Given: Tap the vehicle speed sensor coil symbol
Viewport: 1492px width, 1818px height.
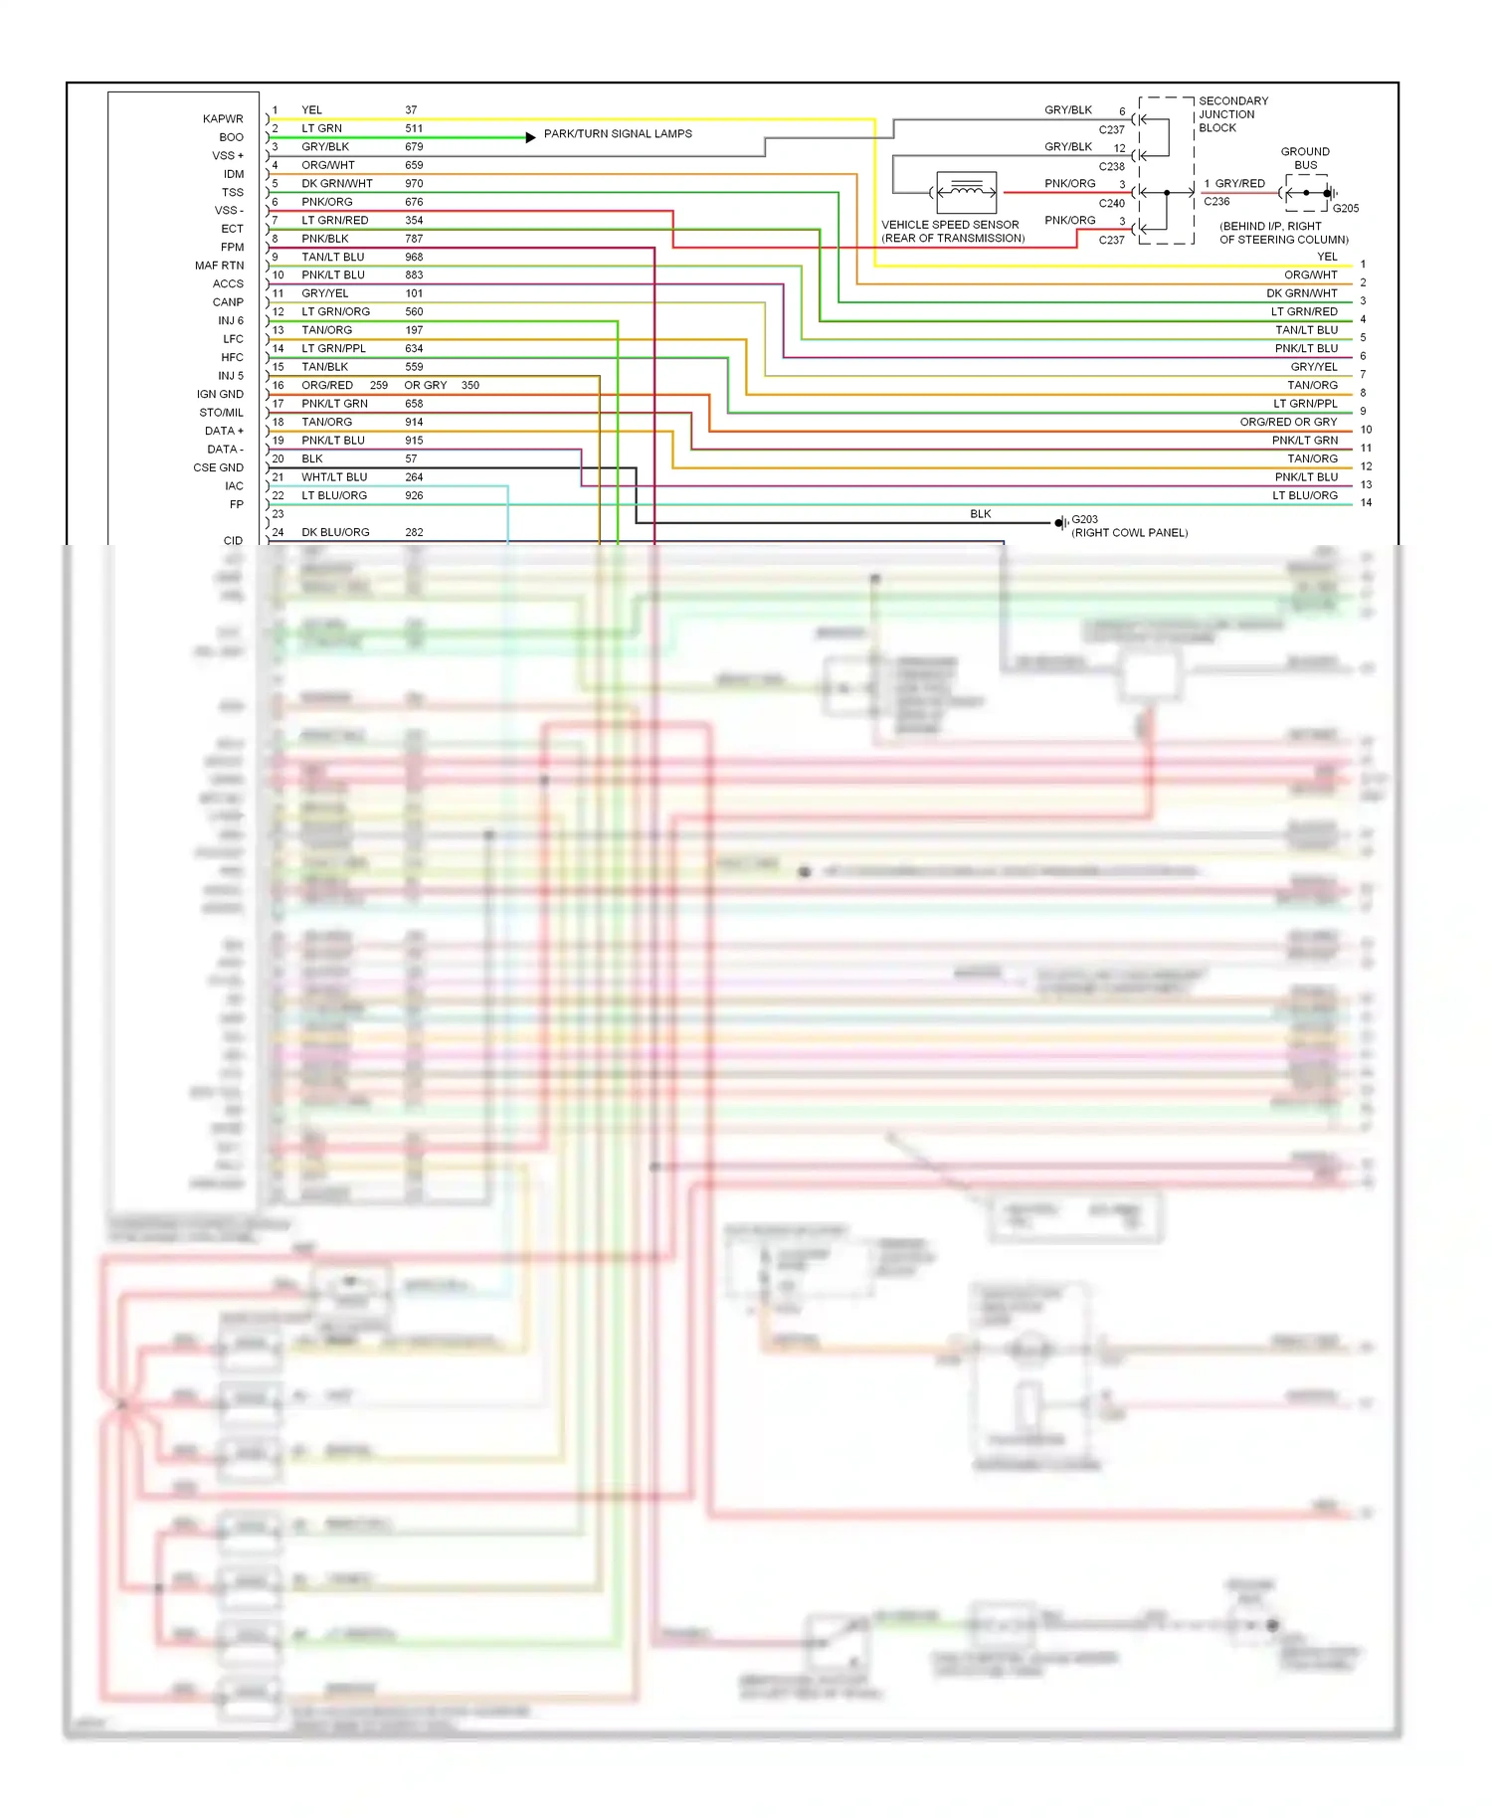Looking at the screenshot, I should tap(966, 191).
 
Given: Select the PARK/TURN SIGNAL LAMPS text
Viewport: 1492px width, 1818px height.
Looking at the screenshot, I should tap(618, 133).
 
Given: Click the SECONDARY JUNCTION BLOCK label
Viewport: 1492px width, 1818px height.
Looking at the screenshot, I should tap(1232, 114).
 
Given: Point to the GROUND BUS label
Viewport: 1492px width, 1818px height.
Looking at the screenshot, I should tap(1304, 158).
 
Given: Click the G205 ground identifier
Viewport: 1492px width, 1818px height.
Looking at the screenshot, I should tap(1345, 209).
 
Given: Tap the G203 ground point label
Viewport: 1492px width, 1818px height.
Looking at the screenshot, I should tap(1084, 519).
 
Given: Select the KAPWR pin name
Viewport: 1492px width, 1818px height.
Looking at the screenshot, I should tap(223, 119).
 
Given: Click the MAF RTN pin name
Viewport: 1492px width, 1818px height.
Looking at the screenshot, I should tap(219, 266).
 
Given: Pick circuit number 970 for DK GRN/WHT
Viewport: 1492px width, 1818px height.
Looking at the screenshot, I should tap(414, 184).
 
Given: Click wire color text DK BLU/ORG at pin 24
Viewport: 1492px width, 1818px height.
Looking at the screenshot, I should tap(335, 533).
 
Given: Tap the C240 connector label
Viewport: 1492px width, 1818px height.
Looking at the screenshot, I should tap(1111, 203).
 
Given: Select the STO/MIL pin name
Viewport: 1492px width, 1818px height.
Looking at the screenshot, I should tap(221, 413).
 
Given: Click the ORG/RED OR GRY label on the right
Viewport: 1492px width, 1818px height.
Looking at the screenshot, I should tap(1288, 422).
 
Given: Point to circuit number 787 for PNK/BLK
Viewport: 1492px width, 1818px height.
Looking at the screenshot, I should tap(414, 239).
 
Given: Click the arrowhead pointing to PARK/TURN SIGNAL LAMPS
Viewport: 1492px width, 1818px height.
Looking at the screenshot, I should tap(530, 137).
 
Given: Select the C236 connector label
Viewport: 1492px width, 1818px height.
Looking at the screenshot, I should tap(1216, 201).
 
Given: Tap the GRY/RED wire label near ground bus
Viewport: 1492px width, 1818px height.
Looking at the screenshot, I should tap(1239, 184).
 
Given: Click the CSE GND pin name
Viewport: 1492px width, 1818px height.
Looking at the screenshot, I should tap(218, 467).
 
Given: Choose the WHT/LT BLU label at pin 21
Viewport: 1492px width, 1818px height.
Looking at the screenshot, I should tap(334, 477).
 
